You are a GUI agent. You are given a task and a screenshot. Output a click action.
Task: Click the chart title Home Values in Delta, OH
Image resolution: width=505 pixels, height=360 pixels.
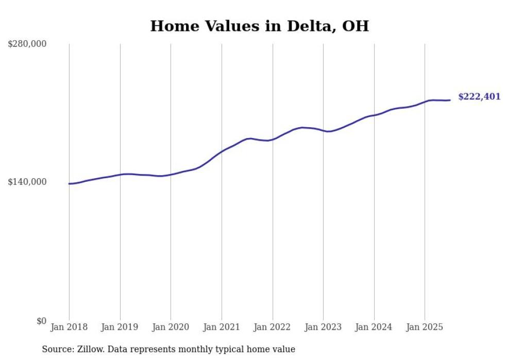259,26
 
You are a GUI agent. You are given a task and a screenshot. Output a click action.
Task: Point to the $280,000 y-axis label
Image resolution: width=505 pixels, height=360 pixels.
27,44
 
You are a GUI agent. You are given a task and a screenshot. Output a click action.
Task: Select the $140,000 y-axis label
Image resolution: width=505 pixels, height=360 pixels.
27,182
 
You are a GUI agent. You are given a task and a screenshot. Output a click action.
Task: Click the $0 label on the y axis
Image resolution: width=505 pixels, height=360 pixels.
41,321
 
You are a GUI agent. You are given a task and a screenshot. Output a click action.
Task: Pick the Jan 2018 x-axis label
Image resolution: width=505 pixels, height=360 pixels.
69,327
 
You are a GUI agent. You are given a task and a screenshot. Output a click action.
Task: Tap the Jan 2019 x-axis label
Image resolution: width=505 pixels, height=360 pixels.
120,327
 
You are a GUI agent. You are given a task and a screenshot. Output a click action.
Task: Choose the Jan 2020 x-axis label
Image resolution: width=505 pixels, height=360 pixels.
171,327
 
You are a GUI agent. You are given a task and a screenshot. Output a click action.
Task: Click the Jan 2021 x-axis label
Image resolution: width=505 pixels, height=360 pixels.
222,327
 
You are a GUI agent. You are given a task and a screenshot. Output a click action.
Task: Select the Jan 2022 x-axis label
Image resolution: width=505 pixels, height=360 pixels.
273,327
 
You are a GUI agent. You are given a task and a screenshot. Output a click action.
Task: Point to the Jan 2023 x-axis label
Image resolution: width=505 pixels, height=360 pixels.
323,327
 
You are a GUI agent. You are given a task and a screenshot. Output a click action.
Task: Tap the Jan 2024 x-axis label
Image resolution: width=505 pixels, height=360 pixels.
374,327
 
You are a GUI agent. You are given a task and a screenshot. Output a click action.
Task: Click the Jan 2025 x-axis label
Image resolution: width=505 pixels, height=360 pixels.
425,327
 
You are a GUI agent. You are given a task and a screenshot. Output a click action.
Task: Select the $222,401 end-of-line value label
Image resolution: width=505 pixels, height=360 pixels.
479,97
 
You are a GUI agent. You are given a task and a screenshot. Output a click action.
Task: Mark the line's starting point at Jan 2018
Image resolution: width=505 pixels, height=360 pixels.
69,183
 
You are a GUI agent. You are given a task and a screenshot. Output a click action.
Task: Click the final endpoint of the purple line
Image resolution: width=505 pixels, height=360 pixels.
450,100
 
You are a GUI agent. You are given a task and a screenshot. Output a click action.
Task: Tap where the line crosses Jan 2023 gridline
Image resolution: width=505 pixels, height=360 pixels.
323,131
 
